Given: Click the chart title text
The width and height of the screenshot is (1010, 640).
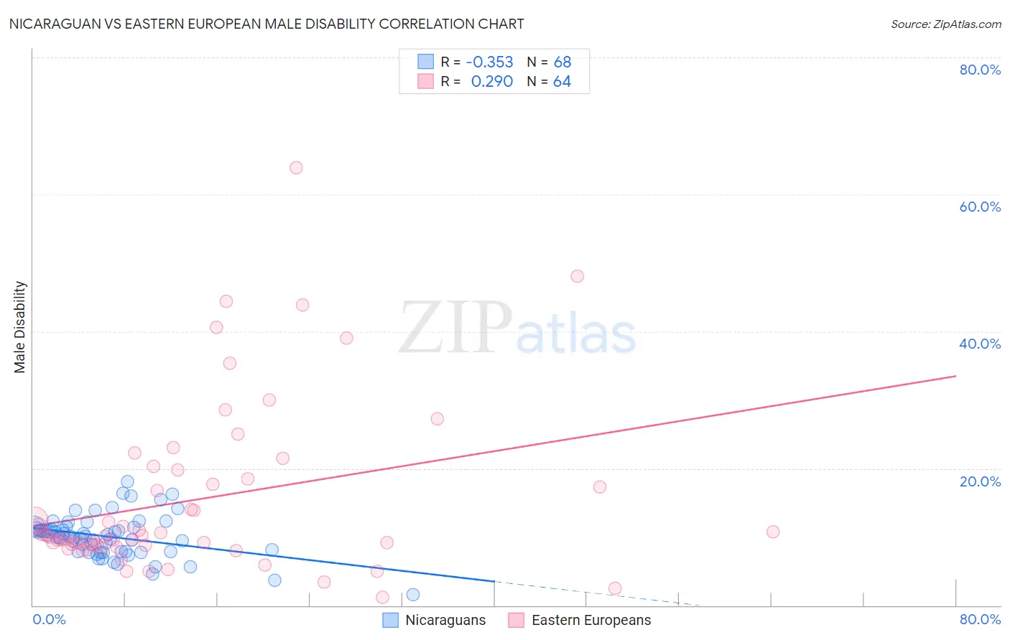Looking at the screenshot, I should point(267,24).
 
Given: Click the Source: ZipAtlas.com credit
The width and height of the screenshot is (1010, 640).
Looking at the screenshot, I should point(945,24).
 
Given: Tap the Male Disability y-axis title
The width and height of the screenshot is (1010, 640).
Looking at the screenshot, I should point(20,327).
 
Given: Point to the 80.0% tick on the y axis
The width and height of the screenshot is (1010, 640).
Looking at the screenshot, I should point(980,70).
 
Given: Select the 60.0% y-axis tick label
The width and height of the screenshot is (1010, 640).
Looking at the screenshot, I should point(980,207).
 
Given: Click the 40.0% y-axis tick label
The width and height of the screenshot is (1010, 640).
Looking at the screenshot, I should point(980,344).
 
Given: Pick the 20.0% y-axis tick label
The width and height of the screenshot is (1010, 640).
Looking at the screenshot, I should point(980,481).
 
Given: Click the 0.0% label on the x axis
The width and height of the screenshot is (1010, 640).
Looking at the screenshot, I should point(50,619).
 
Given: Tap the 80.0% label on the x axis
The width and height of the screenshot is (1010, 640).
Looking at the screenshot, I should point(980,619).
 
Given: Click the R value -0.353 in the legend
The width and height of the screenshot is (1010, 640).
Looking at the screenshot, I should point(489,62).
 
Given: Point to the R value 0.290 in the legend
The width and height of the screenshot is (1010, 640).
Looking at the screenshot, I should point(491,81).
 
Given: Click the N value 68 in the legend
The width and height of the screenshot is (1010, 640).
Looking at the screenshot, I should point(562,62).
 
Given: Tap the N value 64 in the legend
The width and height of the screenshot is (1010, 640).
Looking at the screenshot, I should point(562,81).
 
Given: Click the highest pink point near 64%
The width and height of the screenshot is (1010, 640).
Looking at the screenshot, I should point(296,168).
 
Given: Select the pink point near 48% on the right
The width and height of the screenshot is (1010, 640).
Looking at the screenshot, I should point(577,276).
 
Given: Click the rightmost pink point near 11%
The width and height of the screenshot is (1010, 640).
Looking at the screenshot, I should point(773,532).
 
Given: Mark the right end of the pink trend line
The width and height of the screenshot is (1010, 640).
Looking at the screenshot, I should point(955,376).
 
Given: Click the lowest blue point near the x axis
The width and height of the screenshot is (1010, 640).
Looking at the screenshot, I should point(413,594).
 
